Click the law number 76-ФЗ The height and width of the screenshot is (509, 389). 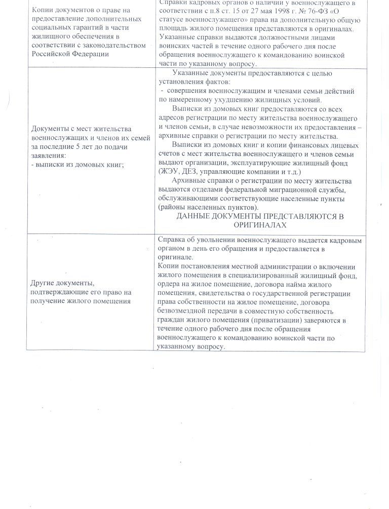click(x=314, y=12)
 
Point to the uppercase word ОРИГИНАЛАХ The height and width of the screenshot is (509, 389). click(x=260, y=225)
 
